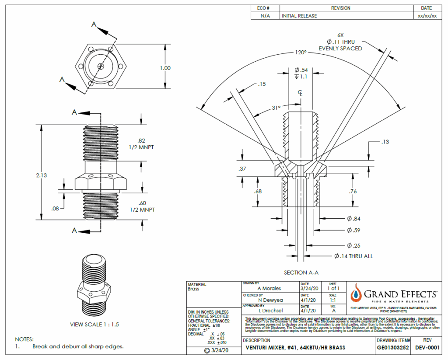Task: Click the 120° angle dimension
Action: click(x=301, y=52)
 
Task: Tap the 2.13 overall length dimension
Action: click(x=42, y=175)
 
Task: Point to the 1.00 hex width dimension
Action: click(x=165, y=68)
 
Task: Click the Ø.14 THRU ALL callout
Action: click(x=353, y=256)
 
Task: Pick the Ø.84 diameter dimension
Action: click(x=353, y=219)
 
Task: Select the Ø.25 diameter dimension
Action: click(x=353, y=245)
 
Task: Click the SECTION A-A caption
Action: click(x=301, y=273)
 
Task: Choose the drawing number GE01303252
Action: click(x=393, y=348)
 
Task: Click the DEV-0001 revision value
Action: click(x=427, y=348)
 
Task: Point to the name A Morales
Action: click(x=269, y=288)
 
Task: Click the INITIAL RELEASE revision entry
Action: click(x=300, y=16)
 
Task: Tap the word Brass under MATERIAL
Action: click(x=193, y=289)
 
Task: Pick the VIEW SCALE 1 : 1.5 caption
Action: click(x=94, y=325)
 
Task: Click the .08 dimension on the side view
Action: click(x=55, y=209)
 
